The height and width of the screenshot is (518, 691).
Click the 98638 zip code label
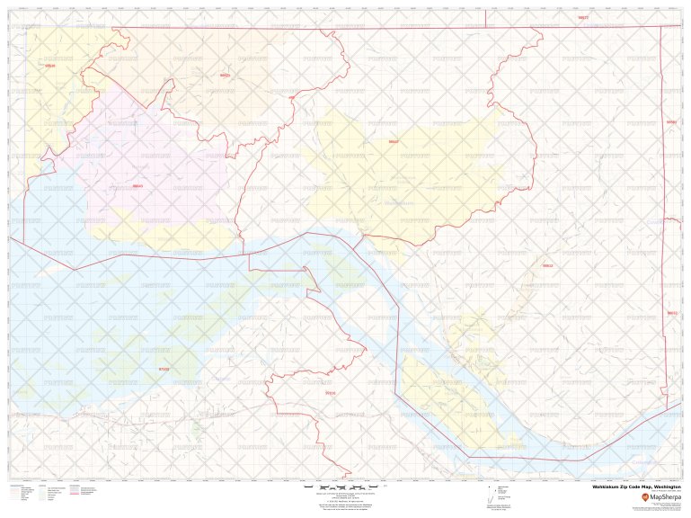[x=49, y=66]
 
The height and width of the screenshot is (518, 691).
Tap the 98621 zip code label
[x=225, y=76]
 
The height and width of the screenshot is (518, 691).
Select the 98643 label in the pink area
[x=137, y=186]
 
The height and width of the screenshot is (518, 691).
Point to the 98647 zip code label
[x=394, y=142]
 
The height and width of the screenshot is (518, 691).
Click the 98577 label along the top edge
[x=583, y=17]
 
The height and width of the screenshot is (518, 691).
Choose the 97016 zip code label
[x=330, y=392]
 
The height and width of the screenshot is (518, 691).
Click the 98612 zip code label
[x=547, y=266]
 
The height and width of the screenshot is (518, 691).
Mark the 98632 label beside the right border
[x=672, y=313]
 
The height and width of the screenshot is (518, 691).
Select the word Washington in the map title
[x=663, y=486]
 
